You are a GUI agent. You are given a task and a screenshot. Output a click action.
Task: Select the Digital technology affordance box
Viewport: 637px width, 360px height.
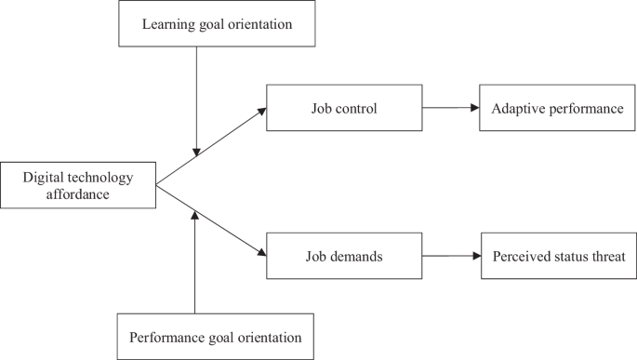click(77, 185)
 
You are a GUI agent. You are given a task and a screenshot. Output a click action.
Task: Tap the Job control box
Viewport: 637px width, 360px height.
click(344, 108)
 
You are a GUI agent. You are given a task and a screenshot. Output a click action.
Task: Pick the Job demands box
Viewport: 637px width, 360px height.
click(344, 256)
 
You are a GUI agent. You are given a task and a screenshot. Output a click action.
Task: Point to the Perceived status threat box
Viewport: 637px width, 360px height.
click(559, 256)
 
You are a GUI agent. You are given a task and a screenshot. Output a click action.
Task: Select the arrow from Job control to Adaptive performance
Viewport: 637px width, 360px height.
click(451, 108)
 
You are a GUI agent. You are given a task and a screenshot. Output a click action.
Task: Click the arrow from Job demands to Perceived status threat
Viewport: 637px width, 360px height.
click(451, 256)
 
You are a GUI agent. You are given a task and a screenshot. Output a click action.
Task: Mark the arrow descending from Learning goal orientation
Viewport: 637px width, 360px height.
click(195, 102)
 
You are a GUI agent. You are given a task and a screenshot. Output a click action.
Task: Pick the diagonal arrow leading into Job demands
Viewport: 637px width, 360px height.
click(212, 221)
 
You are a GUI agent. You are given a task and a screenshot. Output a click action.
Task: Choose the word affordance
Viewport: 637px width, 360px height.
click(77, 193)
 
